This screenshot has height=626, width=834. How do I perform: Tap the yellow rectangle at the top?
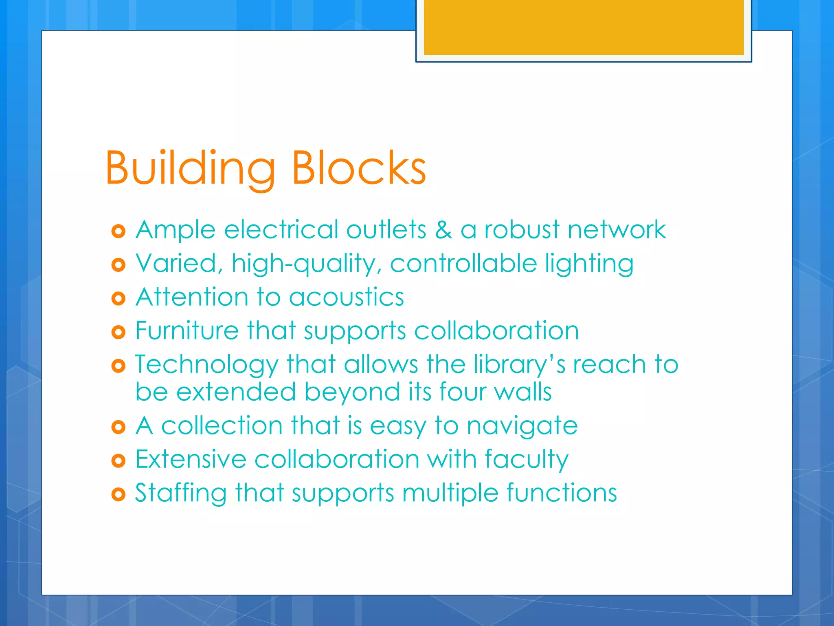[x=584, y=27]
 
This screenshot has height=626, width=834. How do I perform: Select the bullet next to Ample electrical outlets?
[x=118, y=231]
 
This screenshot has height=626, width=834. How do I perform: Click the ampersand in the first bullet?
[x=443, y=229]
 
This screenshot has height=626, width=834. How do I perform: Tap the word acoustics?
[x=347, y=297]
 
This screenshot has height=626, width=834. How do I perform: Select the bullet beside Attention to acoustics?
[x=118, y=299]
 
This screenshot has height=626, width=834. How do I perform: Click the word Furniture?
[x=187, y=330]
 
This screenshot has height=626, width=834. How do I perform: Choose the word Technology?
[x=206, y=365]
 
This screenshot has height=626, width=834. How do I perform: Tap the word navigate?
[x=522, y=426]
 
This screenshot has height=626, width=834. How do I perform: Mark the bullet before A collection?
[x=118, y=428]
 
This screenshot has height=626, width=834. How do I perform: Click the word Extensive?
[x=191, y=459]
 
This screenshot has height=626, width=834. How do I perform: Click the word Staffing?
[x=181, y=493]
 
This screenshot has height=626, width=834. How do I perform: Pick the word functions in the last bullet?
[x=562, y=493]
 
